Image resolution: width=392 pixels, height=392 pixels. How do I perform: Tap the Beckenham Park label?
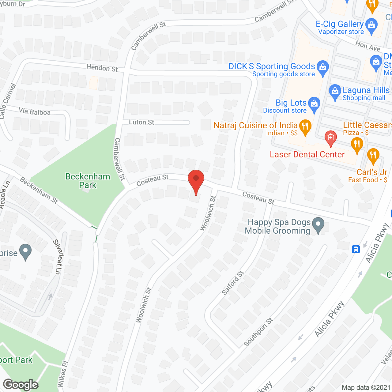tap(88, 181)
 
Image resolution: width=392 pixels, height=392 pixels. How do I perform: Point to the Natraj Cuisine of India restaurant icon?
tap(305, 127)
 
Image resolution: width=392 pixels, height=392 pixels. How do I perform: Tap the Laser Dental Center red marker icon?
tap(330, 138)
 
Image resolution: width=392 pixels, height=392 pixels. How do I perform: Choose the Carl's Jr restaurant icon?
tap(373, 155)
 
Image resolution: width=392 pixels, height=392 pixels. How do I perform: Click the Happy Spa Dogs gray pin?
tap(318, 225)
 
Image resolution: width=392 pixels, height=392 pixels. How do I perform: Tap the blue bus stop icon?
tap(356, 249)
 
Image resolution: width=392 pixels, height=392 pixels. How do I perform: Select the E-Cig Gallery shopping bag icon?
tap(371, 25)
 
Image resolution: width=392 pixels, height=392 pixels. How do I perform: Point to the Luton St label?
tap(141, 122)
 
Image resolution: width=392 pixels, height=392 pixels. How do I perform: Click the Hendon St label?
tap(102, 68)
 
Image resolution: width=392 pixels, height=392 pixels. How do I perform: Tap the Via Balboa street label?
tap(35, 112)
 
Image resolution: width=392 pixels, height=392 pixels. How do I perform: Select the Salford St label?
tap(233, 283)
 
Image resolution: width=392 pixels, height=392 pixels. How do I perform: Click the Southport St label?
tap(258, 332)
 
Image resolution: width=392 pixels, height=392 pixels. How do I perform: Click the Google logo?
tap(21, 385)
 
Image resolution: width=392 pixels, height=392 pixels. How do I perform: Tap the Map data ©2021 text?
tap(366, 387)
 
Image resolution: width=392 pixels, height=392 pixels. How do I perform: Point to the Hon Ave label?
tap(368, 46)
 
